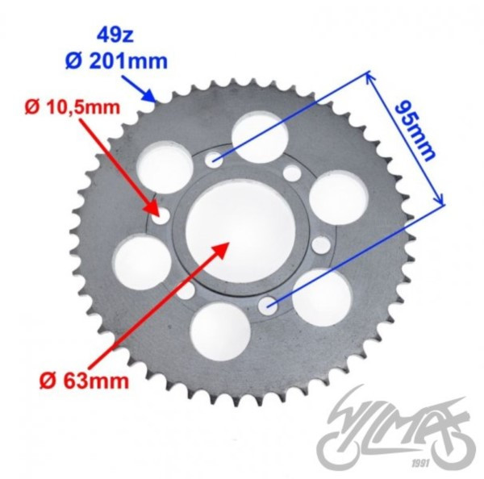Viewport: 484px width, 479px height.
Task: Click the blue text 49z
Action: tap(115, 35)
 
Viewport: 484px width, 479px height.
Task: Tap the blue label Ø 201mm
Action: tap(116, 61)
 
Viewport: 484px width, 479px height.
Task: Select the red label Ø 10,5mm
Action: tap(73, 108)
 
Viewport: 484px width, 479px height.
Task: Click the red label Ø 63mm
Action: tap(84, 381)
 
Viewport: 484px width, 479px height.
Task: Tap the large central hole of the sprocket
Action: tap(240, 231)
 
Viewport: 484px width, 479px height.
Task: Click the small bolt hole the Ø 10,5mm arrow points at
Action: tap(161, 216)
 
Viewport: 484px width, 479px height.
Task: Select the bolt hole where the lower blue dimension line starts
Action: tap(268, 306)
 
